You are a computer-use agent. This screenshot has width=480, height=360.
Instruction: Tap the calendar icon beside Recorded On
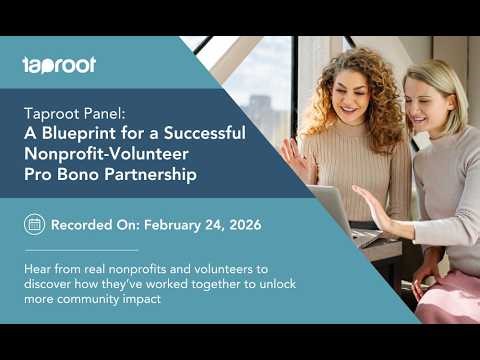(x=34, y=224)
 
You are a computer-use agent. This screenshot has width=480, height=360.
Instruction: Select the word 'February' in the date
(x=175, y=224)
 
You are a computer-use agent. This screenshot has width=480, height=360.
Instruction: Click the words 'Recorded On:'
(x=95, y=224)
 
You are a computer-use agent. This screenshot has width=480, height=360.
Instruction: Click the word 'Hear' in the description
(x=38, y=269)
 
